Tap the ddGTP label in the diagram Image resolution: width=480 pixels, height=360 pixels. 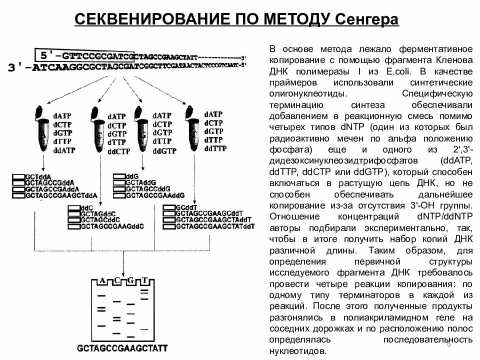coord(164,150)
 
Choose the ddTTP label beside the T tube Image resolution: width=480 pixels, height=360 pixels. coord(215,148)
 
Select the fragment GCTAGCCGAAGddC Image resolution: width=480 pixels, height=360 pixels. coord(112,226)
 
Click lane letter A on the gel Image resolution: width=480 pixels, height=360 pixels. coord(102,280)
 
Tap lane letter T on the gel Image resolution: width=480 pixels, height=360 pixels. coord(144,280)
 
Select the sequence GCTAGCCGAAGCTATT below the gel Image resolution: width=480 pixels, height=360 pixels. coord(122,348)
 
